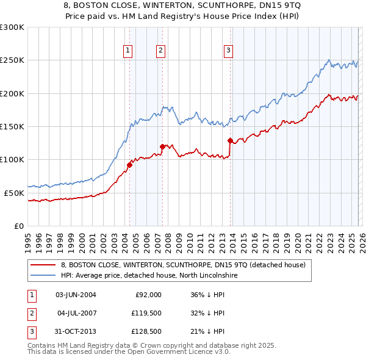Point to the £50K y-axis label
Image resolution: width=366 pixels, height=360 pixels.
14,193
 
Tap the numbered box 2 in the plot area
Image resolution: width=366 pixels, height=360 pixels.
161,51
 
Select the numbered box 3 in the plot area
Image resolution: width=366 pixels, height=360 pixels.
228,51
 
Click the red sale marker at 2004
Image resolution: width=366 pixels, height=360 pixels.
129,165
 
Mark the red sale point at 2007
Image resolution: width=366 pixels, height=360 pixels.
162,146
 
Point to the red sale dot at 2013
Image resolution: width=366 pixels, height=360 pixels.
230,141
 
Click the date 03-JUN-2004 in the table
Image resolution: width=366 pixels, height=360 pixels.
76,295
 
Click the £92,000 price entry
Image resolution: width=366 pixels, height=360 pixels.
147,295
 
